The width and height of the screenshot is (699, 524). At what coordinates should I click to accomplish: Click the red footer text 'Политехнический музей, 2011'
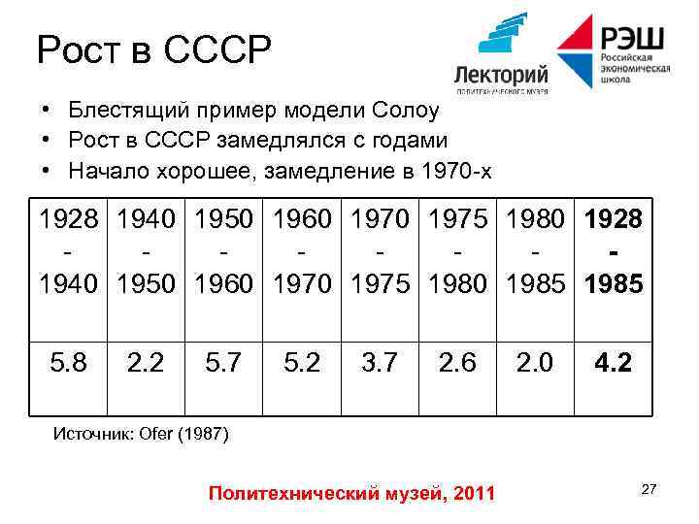pos(351,494)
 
